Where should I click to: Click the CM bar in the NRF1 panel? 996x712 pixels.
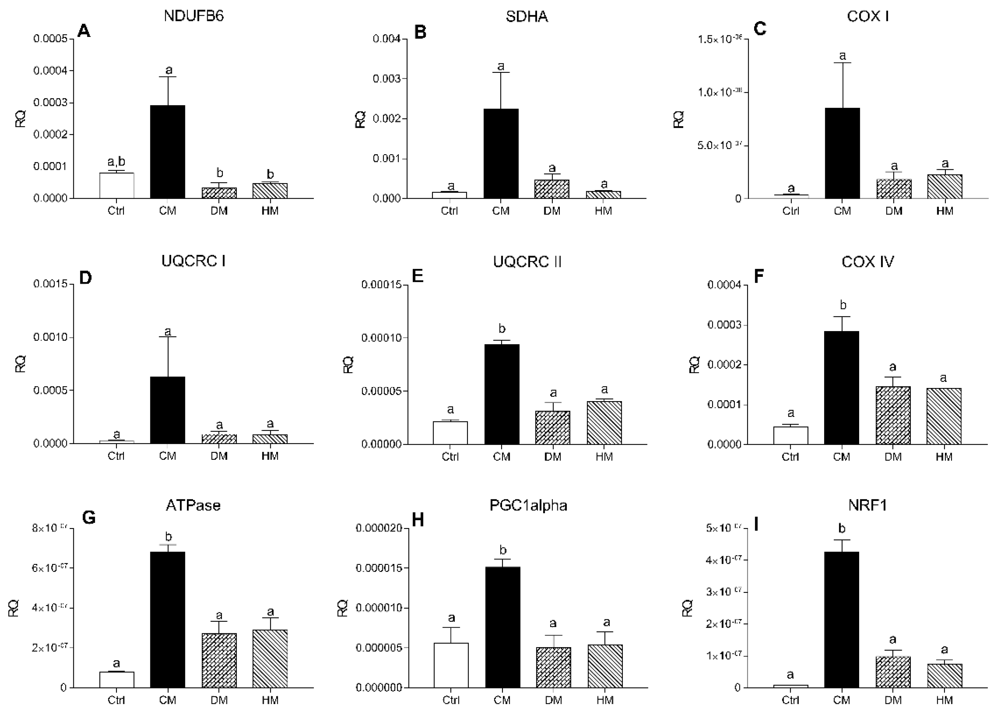pyautogui.click(x=841, y=619)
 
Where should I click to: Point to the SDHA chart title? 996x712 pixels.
pyautogui.click(x=526, y=17)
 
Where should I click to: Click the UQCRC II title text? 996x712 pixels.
pyautogui.click(x=527, y=262)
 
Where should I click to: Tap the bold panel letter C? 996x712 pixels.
pyautogui.click(x=760, y=29)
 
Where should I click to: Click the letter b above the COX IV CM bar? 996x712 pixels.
pyautogui.click(x=842, y=305)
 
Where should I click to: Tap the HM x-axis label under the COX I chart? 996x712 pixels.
pyautogui.click(x=945, y=211)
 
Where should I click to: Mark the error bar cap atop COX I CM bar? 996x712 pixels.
pyautogui.click(x=842, y=63)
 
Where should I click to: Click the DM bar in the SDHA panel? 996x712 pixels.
pyautogui.click(x=552, y=189)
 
